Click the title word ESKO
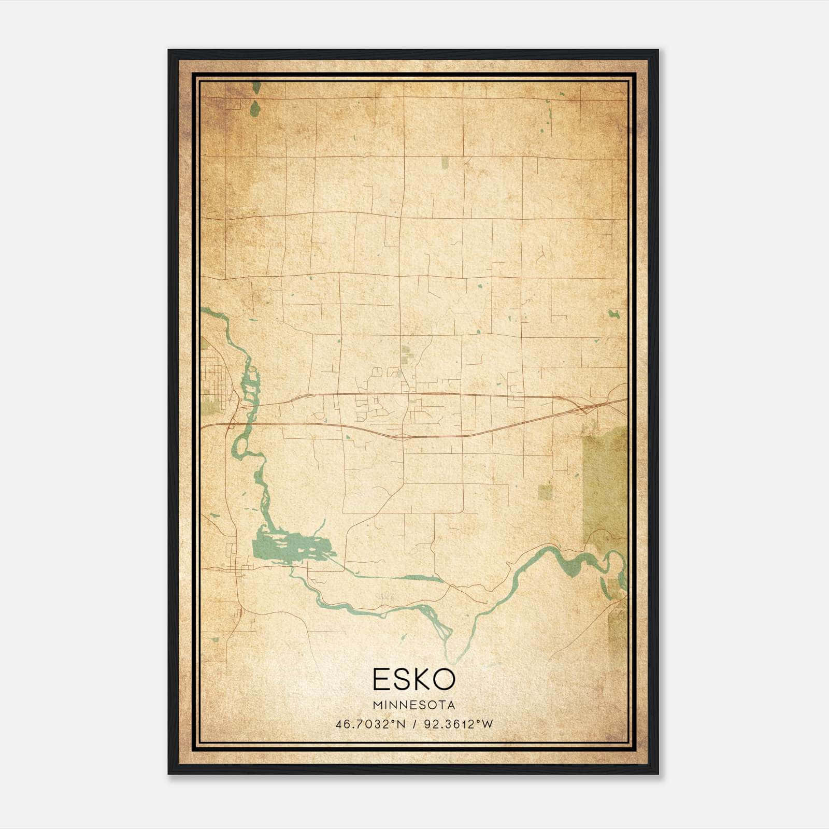(413, 679)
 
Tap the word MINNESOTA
(413, 705)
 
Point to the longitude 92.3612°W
(459, 724)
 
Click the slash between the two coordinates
(413, 724)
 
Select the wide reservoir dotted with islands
(290, 547)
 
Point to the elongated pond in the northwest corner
(254, 108)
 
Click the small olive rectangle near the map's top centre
(445, 163)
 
